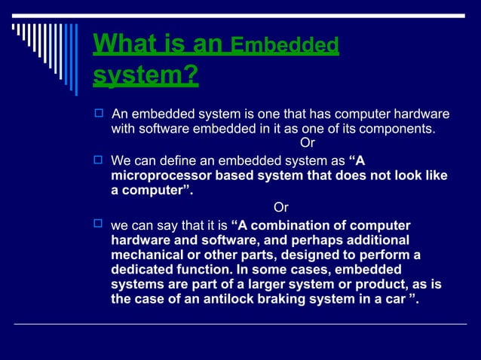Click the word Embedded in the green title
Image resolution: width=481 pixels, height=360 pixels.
tap(284, 46)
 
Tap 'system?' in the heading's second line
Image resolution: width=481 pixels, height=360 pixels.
tap(146, 76)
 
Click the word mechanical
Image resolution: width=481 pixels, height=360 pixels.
tap(149, 255)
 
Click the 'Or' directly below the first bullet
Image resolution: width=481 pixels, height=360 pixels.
tap(308, 143)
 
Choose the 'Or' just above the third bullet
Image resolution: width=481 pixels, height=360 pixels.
tap(280, 207)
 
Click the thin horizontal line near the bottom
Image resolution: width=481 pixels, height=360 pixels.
tap(240, 324)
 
